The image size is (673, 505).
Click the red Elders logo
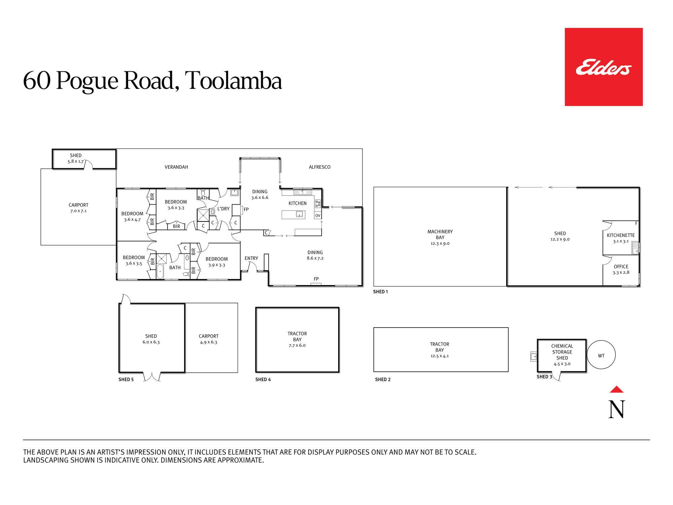click(604, 67)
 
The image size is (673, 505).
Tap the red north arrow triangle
click(616, 389)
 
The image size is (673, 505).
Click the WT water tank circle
click(601, 356)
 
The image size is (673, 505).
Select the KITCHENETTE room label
click(621, 235)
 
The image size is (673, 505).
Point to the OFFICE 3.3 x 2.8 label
click(621, 269)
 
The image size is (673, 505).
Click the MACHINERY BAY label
click(440, 234)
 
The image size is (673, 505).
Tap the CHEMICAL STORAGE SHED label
click(562, 352)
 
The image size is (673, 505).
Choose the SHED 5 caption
click(126, 379)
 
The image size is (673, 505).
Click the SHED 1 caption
click(380, 292)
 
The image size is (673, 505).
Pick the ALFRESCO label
click(319, 167)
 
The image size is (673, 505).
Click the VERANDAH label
click(176, 167)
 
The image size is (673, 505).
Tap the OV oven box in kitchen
click(318, 215)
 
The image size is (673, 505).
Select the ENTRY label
click(251, 258)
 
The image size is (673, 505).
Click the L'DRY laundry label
click(223, 209)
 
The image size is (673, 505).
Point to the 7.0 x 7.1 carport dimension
click(78, 211)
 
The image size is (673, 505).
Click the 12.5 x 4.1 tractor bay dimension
click(439, 356)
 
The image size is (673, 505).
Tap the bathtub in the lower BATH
click(160, 272)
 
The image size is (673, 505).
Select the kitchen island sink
click(299, 214)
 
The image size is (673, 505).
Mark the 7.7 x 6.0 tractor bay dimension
click(297, 345)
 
